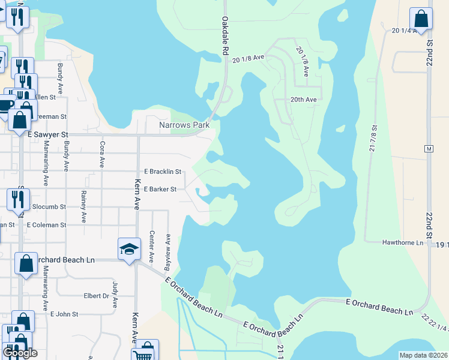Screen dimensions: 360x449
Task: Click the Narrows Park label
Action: click(x=182, y=125)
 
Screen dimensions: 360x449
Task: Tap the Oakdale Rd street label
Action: click(x=225, y=37)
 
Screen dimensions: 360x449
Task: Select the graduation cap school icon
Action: click(x=129, y=250)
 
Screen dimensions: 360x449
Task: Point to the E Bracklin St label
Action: click(x=163, y=172)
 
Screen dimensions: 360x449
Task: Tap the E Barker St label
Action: click(x=160, y=189)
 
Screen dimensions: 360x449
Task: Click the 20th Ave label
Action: click(x=303, y=100)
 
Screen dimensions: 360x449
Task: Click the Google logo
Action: click(x=20, y=352)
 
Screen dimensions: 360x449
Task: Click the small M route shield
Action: click(x=428, y=148)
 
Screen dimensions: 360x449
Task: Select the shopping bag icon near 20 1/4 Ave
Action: click(x=421, y=19)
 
